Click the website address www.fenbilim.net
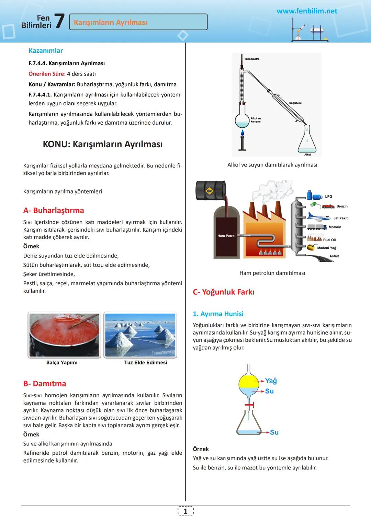click(307, 11)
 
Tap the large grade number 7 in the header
click(59, 21)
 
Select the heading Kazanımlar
click(46, 50)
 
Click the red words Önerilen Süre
click(47, 74)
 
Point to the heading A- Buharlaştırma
click(54, 210)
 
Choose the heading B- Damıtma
click(45, 383)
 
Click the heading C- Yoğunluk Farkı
click(224, 292)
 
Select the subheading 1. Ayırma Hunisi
click(218, 314)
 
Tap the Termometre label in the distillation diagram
click(252, 59)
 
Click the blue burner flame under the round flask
click(242, 132)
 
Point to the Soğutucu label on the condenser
click(295, 103)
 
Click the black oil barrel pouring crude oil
click(211, 190)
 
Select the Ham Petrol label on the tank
click(226, 236)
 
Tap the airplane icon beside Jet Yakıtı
click(319, 217)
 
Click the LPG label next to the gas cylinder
click(328, 197)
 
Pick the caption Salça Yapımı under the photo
click(62, 362)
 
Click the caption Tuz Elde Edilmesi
click(146, 362)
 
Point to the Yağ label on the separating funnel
click(271, 381)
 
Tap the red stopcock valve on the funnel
click(250, 405)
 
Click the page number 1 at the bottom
click(185, 511)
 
